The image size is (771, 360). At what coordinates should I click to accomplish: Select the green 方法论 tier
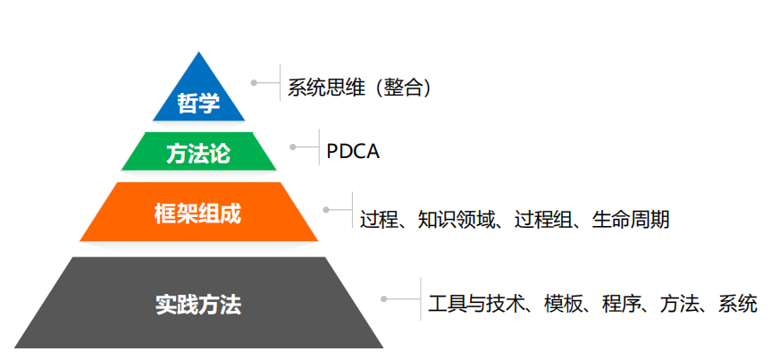[x=198, y=153]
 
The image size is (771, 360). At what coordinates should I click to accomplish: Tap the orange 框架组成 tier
[x=198, y=214]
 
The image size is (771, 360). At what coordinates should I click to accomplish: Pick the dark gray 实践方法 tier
[x=198, y=304]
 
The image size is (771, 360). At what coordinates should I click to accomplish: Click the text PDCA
[x=353, y=151]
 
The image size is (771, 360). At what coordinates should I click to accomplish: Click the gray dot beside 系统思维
[x=254, y=82]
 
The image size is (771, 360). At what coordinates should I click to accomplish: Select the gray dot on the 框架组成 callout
[x=326, y=209]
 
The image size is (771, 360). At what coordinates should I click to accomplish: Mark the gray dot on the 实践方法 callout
[x=383, y=298]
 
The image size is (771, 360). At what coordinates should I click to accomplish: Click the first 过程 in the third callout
[x=379, y=219]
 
